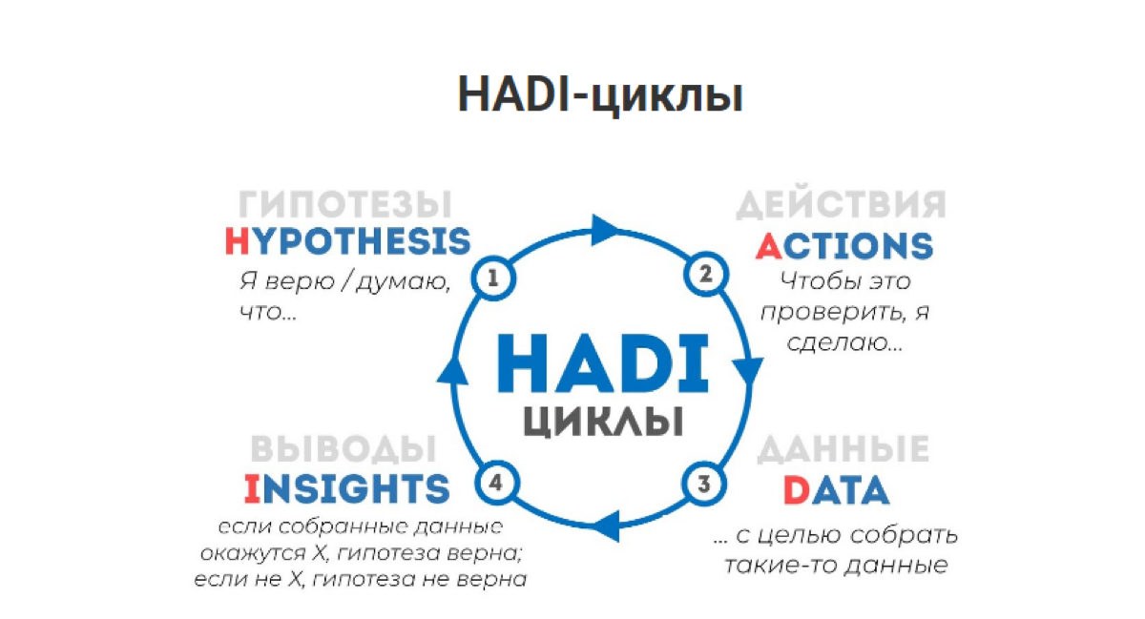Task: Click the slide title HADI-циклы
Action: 599,96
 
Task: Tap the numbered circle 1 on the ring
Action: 493,279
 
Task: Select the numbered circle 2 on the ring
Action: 706,276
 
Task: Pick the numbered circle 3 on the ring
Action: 704,483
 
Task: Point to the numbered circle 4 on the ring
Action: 494,484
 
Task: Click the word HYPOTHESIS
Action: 347,241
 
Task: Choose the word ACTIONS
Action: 843,245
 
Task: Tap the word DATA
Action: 836,490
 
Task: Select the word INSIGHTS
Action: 346,488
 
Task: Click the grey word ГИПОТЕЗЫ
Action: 344,204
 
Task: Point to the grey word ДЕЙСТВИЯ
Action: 842,204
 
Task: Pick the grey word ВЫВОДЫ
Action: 343,448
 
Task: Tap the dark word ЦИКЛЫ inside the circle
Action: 603,420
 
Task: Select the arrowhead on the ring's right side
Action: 752,367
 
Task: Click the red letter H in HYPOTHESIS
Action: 237,241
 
